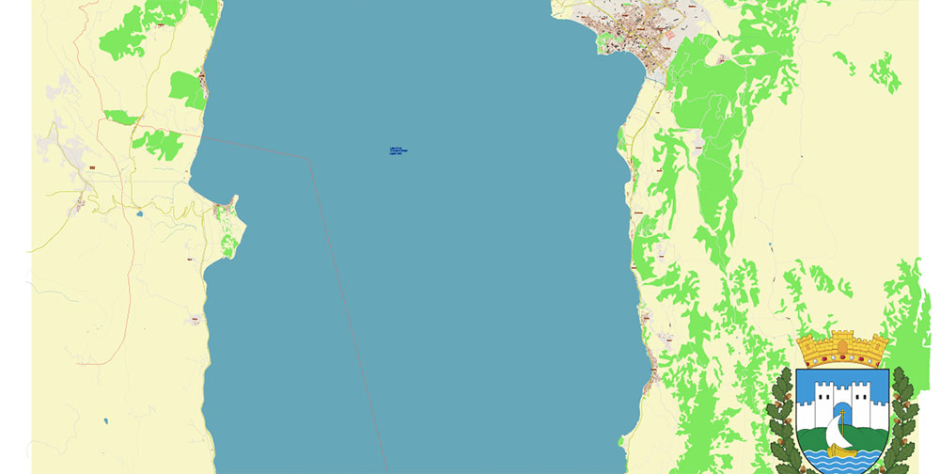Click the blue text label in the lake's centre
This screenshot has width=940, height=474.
(x=397, y=150)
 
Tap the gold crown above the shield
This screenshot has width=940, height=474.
(x=843, y=350)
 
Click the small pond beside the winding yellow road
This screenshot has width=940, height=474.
(x=139, y=213)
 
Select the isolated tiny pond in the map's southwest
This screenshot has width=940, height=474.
(x=105, y=420)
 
